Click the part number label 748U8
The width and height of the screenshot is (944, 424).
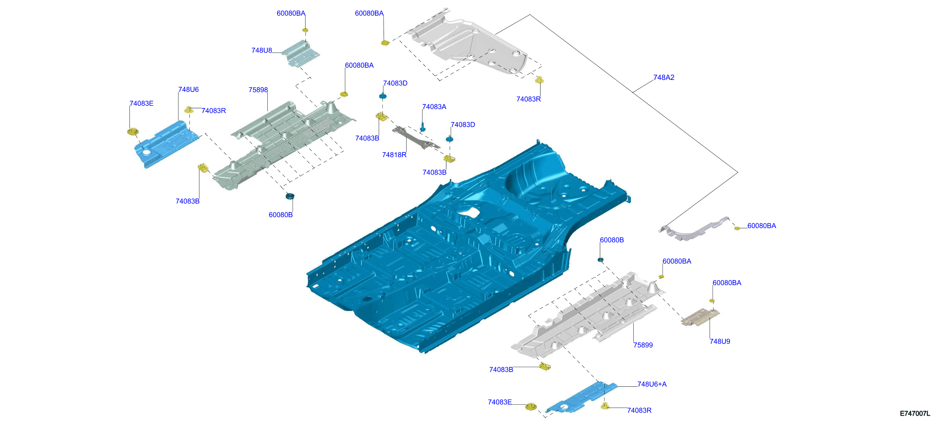[x=262, y=51]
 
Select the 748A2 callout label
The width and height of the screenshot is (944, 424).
[x=664, y=78]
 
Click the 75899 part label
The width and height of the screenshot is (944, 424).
[x=643, y=345]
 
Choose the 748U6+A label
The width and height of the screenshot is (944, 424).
[x=652, y=384]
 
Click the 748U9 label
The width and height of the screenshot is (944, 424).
[x=720, y=341]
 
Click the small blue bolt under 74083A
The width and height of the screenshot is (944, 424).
[x=423, y=128]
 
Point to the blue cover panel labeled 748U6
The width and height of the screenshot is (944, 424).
[x=166, y=144]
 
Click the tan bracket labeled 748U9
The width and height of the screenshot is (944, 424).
[x=700, y=317]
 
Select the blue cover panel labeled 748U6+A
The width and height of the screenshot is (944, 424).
[x=581, y=398]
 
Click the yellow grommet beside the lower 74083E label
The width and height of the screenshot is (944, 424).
[x=531, y=406]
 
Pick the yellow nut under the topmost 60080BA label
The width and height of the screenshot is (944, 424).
[x=305, y=30]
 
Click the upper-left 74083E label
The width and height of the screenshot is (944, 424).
[x=141, y=104]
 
